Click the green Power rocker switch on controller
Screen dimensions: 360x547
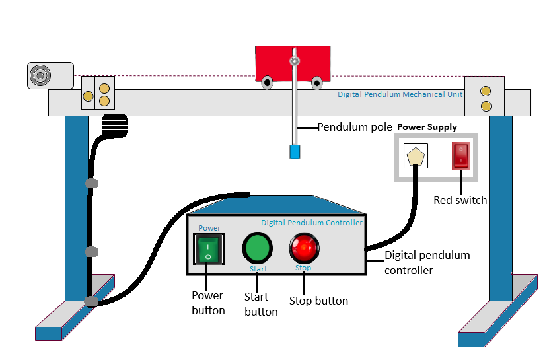[207, 249]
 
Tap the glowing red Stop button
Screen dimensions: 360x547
[303, 248]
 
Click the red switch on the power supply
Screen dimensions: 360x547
[460, 156]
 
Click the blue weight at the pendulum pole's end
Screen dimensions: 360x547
[295, 151]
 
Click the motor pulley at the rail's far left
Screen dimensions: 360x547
[41, 75]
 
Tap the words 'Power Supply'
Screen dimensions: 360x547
[427, 127]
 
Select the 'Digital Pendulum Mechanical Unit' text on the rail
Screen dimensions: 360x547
[400, 94]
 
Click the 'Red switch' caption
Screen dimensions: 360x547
[460, 200]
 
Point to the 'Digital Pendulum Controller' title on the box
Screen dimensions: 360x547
[311, 223]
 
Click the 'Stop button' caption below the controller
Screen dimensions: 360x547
[318, 301]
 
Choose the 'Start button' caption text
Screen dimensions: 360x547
[260, 305]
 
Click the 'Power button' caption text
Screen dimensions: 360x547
[207, 303]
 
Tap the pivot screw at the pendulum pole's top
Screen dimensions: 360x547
[294, 62]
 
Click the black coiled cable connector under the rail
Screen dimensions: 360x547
[115, 125]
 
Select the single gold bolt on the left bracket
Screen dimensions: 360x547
[88, 97]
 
